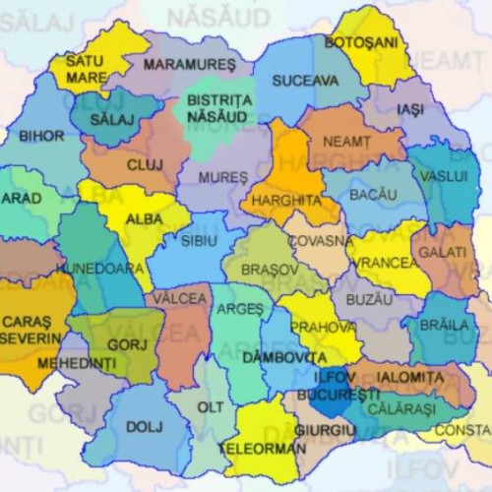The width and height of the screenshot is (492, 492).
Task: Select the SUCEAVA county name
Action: [x=305, y=80]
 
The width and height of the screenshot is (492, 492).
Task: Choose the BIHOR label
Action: [x=41, y=136]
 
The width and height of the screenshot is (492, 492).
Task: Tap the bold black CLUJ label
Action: [x=145, y=165]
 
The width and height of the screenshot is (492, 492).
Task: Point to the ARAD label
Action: [x=22, y=198]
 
